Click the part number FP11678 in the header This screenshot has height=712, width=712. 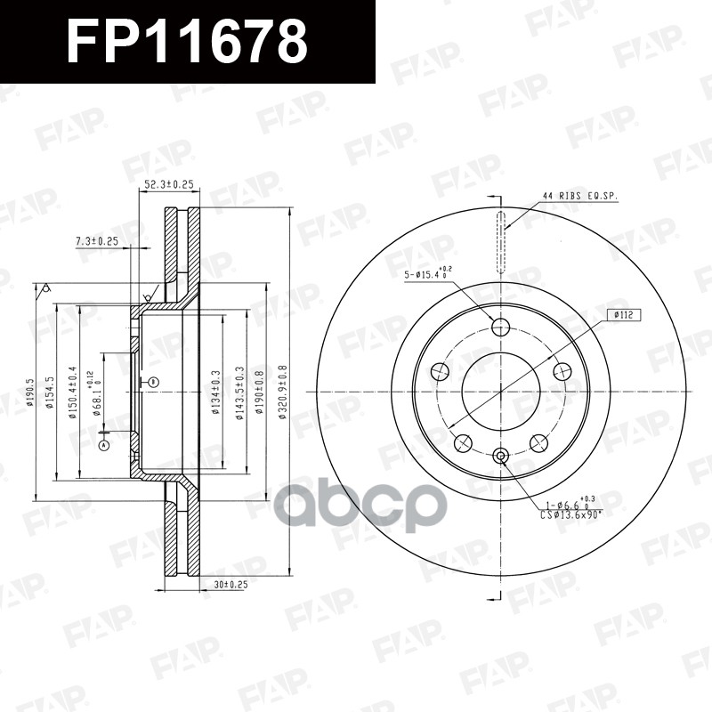click(x=187, y=42)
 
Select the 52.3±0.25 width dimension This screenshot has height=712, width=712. click(x=169, y=185)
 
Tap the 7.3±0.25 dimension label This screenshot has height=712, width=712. click(x=97, y=241)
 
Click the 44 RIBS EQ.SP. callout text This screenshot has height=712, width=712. click(x=579, y=195)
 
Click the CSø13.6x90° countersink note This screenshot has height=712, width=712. click(x=570, y=514)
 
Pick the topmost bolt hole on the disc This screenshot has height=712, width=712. click(x=499, y=326)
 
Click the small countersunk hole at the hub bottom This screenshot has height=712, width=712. click(x=499, y=457)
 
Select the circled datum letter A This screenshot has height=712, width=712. click(x=104, y=444)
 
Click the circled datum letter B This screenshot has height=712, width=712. click(x=152, y=382)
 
